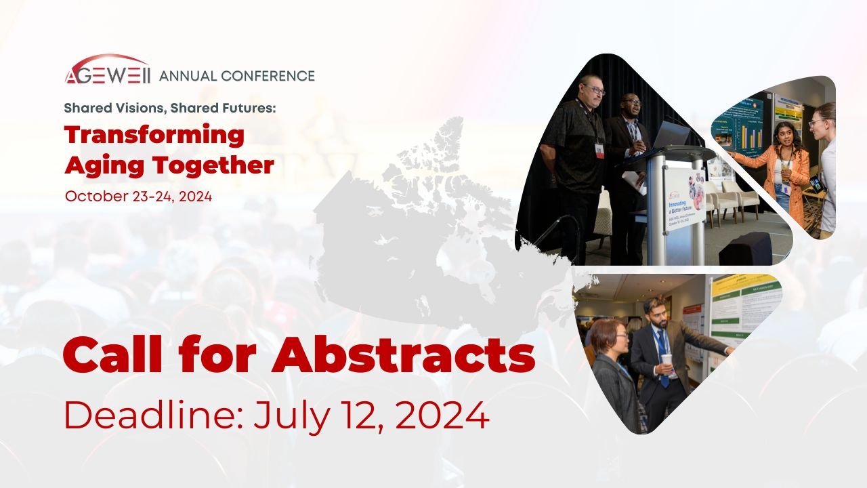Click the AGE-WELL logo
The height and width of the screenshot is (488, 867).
[108, 70]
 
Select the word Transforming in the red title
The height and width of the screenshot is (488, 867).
[154, 135]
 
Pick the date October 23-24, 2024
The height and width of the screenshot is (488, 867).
[138, 197]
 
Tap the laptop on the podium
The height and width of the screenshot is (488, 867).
[671, 136]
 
